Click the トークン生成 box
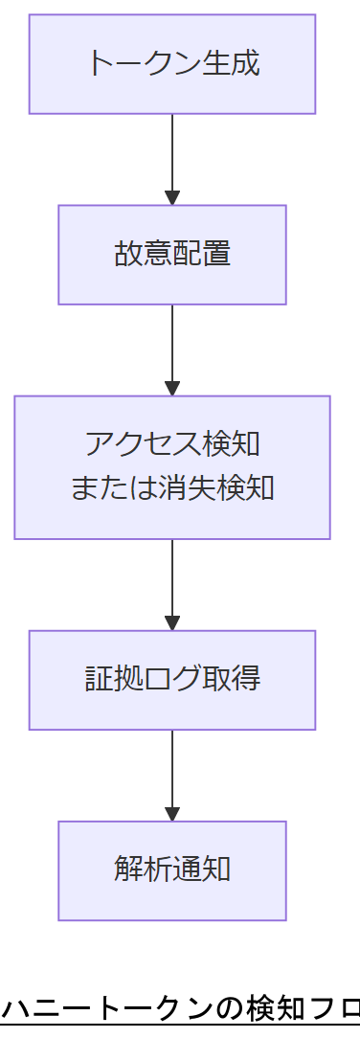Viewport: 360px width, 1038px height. point(172,64)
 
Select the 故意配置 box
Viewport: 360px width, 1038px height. point(172,255)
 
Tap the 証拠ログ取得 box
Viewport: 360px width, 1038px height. point(172,680)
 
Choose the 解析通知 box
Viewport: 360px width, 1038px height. point(172,870)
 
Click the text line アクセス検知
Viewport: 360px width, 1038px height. point(172,445)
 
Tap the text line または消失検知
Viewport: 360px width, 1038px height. point(172,488)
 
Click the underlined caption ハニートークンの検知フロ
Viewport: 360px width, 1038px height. point(180,1009)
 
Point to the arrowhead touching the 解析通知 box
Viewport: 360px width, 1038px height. point(172,814)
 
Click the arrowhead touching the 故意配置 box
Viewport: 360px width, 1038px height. point(172,198)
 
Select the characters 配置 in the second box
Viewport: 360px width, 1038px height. point(202,255)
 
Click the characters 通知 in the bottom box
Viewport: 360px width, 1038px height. point(202,870)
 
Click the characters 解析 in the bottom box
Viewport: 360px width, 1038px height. point(143,870)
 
